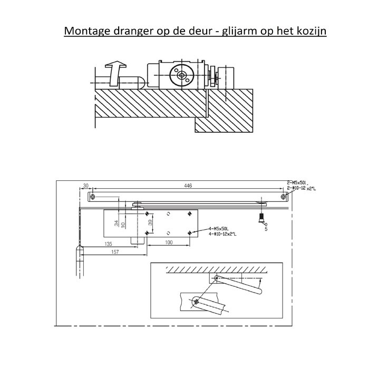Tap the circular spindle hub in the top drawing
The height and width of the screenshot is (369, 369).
coord(182,76)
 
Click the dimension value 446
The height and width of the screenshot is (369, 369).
coord(188,186)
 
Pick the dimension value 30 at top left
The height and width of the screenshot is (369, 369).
coord(86,186)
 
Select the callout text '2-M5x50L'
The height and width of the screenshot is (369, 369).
coord(297,182)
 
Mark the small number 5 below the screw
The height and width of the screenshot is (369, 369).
coord(266,229)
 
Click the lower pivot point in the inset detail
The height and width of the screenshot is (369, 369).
coord(196,302)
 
